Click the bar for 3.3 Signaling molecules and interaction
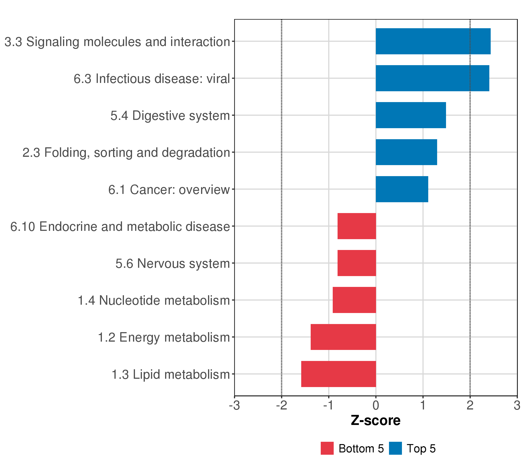[433, 41]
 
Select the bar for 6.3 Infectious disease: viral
[432, 78]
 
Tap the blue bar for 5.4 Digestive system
[411, 115]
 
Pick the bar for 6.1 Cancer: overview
[402, 189]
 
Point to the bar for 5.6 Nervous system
[357, 263]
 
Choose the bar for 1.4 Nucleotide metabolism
[354, 300]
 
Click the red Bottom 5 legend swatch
[327, 448]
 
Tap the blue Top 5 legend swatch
[395, 448]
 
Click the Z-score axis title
[376, 420]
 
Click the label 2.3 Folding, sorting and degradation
[126, 153]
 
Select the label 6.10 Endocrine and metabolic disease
[120, 227]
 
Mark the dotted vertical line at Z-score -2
[281, 204]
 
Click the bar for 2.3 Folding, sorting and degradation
[406, 152]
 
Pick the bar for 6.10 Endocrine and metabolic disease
[357, 226]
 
